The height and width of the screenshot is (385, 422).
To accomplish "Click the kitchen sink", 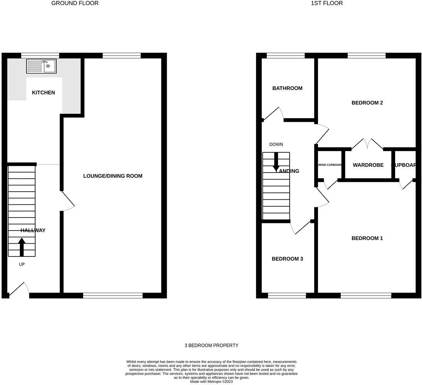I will (x=41, y=66).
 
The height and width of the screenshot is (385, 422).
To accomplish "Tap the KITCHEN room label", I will (x=43, y=93).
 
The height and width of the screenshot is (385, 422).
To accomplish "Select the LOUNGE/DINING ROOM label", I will (x=113, y=176).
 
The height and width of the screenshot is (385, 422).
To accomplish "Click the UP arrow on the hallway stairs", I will (x=22, y=247).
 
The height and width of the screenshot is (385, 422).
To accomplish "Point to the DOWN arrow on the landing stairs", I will (x=276, y=162).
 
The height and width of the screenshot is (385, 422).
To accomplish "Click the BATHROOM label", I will (x=287, y=88).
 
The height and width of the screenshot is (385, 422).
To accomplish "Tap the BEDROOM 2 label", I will (x=367, y=103).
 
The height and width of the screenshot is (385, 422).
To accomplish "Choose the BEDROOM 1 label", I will (x=367, y=238).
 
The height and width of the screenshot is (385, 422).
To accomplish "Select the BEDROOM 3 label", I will (x=287, y=259).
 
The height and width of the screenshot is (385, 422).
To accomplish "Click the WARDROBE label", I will (x=368, y=165).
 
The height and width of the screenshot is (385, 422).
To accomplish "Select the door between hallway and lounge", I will (x=67, y=201).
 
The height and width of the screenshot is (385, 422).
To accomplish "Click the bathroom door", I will (x=273, y=114).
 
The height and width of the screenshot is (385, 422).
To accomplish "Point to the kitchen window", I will (x=40, y=55).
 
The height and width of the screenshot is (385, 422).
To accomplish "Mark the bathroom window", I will (x=285, y=55).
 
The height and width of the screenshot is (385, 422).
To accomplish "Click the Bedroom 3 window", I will (x=287, y=296).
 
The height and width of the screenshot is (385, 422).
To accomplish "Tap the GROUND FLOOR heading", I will (x=75, y=3).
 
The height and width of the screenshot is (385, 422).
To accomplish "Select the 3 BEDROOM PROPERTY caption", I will (x=211, y=345).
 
